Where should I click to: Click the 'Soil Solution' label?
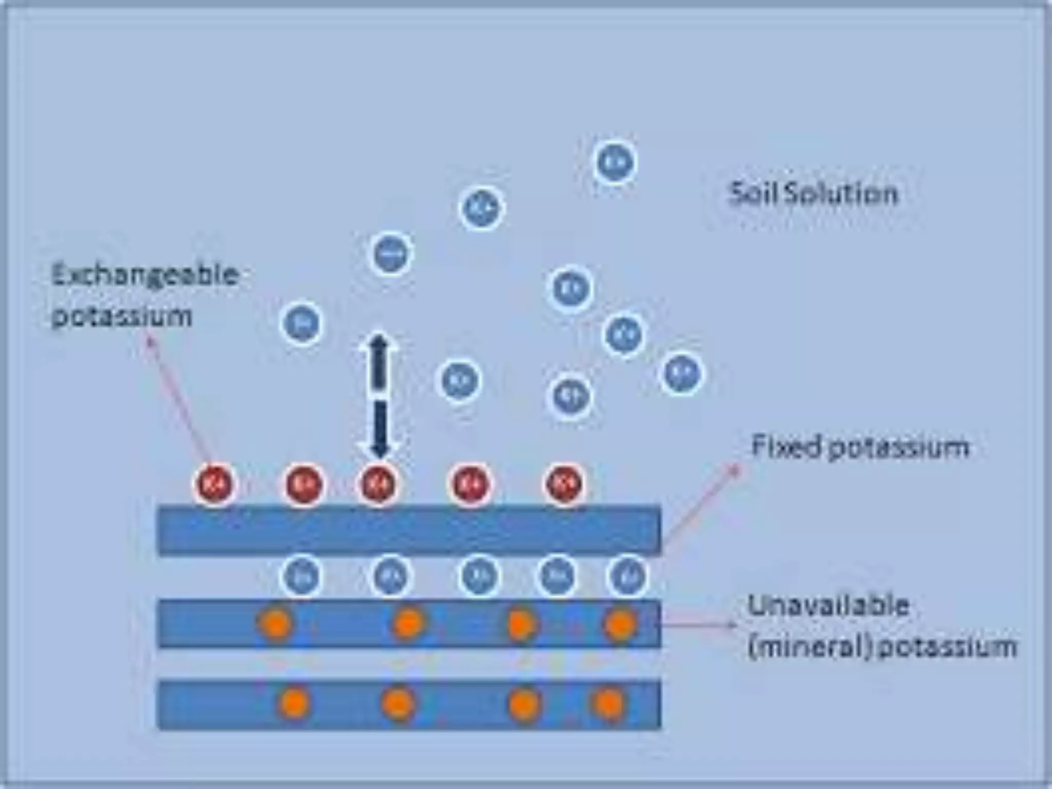[814, 194]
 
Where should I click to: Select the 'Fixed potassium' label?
[860, 446]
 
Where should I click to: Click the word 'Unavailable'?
[828, 606]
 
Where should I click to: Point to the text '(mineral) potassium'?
[881, 647]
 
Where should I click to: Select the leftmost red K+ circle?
[214, 484]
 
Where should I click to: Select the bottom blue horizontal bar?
[409, 704]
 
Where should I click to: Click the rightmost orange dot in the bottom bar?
[609, 703]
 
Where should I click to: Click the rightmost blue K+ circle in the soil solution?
[681, 373]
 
